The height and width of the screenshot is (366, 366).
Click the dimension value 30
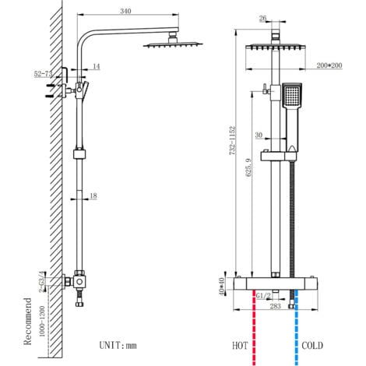click(x=259, y=135)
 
